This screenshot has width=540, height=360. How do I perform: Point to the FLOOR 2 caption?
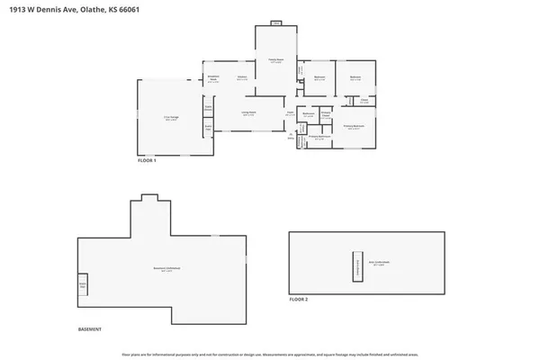tap(299, 299)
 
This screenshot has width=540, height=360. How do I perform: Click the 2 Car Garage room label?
tap(169, 117)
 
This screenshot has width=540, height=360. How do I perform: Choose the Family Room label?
tap(276, 61)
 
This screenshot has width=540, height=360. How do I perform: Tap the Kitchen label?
tap(242, 78)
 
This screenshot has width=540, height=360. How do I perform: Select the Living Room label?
tap(248, 113)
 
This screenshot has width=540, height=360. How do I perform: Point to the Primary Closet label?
tap(326, 115)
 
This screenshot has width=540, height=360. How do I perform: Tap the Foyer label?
tap(291, 114)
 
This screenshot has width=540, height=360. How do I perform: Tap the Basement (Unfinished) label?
tap(164, 269)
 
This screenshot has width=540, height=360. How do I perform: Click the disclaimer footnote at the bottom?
tap(269, 352)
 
